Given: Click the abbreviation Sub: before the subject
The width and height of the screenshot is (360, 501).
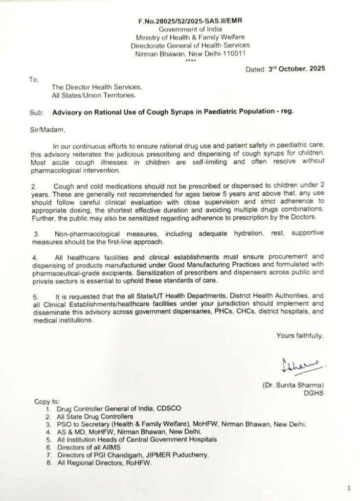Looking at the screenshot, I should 37,112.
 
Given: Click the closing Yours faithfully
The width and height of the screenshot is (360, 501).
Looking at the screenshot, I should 299,335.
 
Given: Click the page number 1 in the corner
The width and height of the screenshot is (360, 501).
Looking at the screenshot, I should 348,488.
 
